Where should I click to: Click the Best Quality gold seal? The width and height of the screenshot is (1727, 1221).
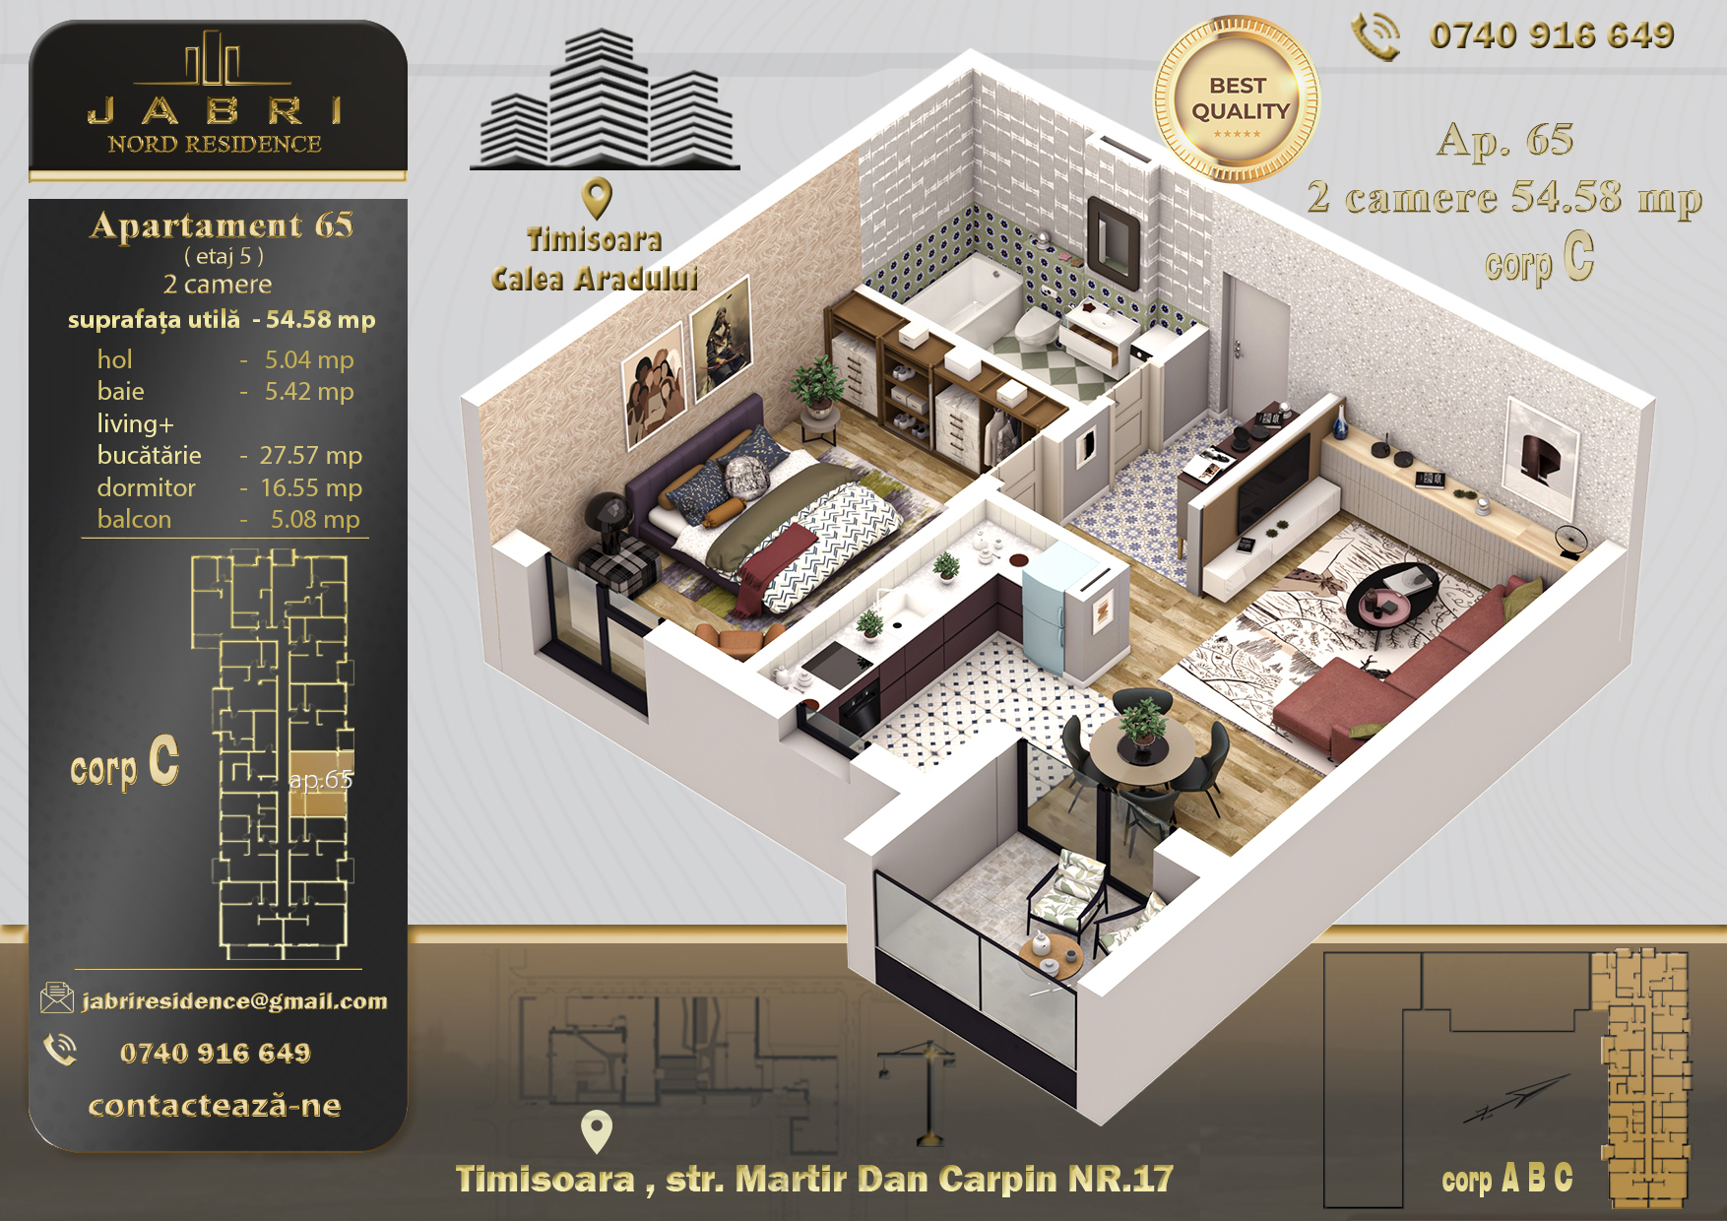[1237, 99]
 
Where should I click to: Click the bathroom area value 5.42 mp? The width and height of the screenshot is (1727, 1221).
[309, 392]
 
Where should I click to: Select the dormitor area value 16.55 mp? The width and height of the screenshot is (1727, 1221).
[311, 487]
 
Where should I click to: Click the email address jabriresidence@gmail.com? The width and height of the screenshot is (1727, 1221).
[234, 1001]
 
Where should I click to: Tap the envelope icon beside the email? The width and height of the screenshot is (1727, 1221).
[57, 997]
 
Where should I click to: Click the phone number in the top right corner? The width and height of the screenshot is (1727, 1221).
[1552, 36]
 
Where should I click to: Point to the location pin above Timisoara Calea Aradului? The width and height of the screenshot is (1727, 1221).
[597, 198]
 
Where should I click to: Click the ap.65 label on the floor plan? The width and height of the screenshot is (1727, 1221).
[321, 780]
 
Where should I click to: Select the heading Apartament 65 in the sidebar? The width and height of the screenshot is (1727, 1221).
[222, 225]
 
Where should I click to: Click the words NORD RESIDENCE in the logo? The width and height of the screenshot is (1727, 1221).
[215, 144]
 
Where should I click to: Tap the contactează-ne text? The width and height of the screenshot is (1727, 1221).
[215, 1106]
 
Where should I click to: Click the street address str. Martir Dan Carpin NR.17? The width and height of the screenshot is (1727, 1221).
[919, 1179]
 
